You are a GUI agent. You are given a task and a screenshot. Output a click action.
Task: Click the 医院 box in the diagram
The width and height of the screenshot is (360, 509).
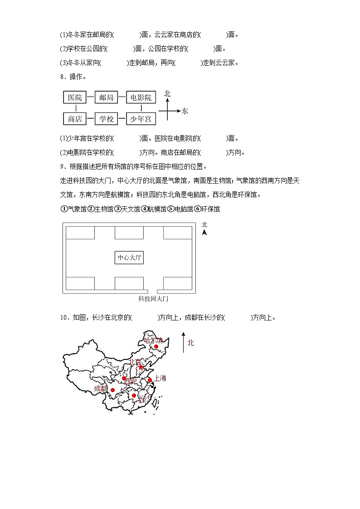pos(75,97)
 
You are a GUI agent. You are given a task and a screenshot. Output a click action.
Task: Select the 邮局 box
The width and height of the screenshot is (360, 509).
pos(106,97)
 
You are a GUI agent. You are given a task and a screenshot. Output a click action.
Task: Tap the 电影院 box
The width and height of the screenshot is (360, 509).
pos(141,97)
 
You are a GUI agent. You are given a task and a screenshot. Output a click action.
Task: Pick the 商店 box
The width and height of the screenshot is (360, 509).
pos(75,119)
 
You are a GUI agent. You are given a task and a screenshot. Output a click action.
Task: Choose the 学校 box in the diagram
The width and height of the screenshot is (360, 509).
pos(106,119)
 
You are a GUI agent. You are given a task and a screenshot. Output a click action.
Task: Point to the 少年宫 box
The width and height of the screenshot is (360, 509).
pos(141,119)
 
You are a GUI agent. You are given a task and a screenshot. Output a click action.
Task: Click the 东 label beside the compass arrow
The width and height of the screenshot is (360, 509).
pos(185,111)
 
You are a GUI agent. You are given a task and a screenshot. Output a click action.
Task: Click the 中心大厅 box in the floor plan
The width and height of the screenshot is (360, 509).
pos(130,258)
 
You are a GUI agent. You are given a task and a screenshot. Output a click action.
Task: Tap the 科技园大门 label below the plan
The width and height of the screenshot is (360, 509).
pos(153,299)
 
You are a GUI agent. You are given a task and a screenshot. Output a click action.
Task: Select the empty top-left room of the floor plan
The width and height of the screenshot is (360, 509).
pos(80,233)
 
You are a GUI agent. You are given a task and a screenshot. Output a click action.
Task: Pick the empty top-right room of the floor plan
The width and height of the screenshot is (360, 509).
pos(178,233)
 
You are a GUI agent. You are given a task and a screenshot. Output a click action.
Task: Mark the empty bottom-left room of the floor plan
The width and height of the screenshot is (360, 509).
pos(80,283)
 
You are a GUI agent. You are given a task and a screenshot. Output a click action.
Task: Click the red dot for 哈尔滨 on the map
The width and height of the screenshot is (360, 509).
pos(156,347)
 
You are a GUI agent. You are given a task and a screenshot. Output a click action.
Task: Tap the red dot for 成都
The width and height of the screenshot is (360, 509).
pos(113,390)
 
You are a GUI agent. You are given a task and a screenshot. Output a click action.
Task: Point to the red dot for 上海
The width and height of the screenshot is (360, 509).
pos(150,380)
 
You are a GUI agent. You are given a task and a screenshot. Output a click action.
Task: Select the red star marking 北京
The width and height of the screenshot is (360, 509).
pos(141,367)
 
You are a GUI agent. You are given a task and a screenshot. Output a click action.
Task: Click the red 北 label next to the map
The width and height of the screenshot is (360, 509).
pos(190,343)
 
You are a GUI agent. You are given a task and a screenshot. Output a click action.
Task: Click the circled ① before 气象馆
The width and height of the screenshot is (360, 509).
pos(63,209)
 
